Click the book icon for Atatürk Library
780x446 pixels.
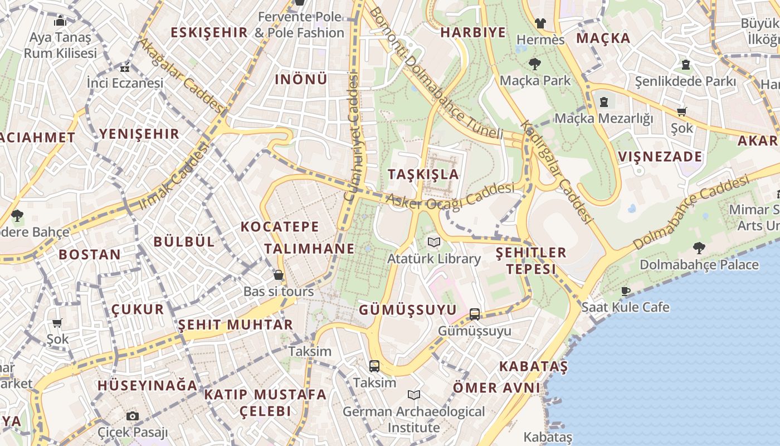point(433,242)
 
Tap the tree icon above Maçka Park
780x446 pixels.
point(535,64)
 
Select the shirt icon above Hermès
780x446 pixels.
point(540,23)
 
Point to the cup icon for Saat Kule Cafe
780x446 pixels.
point(626,290)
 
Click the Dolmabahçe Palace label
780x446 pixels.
point(699,264)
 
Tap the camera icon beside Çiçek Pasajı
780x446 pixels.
point(132,416)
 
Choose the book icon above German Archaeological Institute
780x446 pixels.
point(413,395)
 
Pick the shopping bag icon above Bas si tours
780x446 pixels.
point(279,275)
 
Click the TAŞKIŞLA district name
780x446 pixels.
point(423,174)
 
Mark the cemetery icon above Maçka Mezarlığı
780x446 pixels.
point(604,101)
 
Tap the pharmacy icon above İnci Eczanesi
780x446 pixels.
point(125,69)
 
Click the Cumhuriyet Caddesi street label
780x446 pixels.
point(353,137)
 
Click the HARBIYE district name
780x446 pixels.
point(473,32)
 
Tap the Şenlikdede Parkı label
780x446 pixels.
point(685,81)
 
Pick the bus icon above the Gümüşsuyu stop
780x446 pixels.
point(475,314)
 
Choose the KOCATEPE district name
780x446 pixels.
point(280,226)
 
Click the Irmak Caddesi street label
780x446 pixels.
point(174,176)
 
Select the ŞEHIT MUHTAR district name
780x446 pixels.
point(235,324)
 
